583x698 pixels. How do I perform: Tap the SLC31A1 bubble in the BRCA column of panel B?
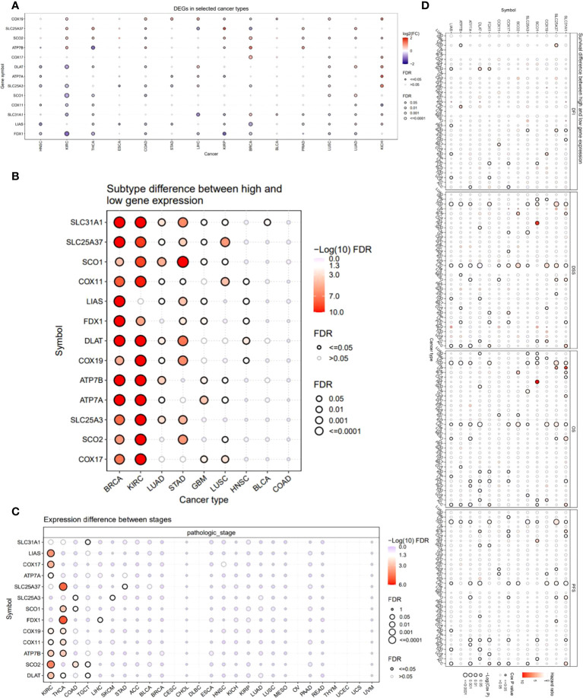[119, 222]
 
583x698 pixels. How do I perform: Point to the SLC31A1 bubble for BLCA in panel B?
[267, 222]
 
